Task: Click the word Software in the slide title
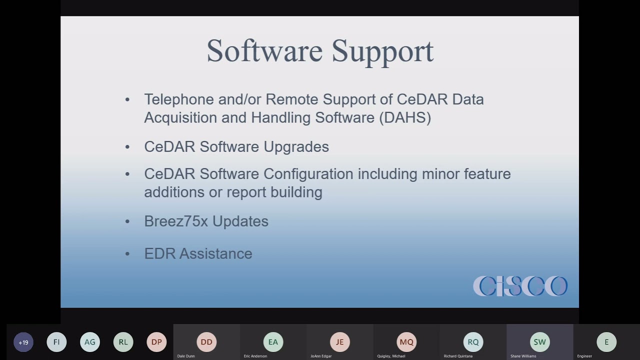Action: click(264, 51)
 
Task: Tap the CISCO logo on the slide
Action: click(520, 286)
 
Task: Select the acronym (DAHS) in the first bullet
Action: click(405, 117)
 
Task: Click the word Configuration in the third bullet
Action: click(308, 174)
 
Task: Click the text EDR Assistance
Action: click(198, 253)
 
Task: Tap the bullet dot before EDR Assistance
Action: click(127, 254)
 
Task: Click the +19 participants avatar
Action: click(23, 342)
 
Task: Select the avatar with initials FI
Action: click(56, 342)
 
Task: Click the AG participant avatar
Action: click(90, 342)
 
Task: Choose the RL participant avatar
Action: click(123, 342)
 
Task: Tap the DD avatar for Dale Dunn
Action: click(206, 342)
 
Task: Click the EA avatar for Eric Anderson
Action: click(273, 342)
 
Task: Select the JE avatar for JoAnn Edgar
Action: click(339, 342)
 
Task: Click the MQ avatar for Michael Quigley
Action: click(406, 342)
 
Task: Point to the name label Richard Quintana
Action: click(458, 356)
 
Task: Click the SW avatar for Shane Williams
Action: click(539, 342)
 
